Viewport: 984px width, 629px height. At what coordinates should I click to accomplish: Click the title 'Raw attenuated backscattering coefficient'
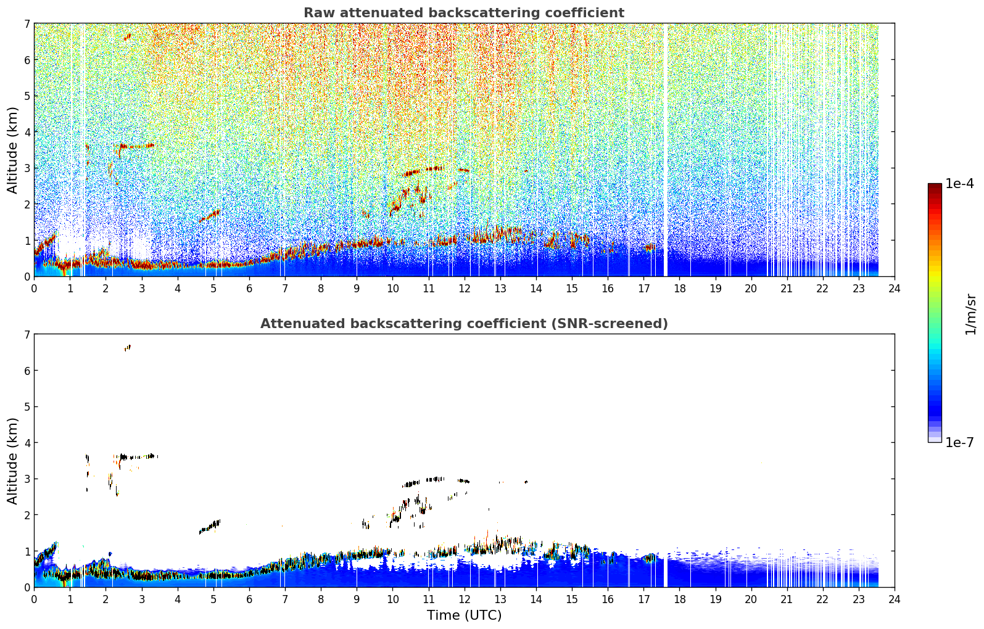click(x=464, y=13)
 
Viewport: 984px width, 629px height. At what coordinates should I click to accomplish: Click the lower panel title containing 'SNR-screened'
click(x=464, y=323)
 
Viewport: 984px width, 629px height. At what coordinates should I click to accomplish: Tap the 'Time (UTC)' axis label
click(x=464, y=615)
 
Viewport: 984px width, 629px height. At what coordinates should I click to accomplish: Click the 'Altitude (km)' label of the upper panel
click(x=12, y=150)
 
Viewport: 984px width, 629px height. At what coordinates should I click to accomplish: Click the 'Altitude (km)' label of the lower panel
click(x=12, y=461)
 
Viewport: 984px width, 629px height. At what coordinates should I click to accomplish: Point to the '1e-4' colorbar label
click(x=959, y=184)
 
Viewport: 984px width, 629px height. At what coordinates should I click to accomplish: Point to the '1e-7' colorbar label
click(x=959, y=442)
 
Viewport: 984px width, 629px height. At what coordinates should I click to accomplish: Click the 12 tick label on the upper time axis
click(x=465, y=289)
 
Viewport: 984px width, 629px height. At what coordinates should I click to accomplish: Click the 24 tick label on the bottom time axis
click(x=895, y=599)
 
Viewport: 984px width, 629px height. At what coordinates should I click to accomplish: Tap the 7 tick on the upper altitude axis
click(x=27, y=23)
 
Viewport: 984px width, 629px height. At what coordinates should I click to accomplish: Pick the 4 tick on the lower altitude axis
click(x=27, y=443)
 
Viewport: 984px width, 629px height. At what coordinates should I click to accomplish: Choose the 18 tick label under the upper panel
click(x=680, y=289)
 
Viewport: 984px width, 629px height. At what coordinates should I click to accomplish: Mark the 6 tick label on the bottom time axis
click(x=249, y=599)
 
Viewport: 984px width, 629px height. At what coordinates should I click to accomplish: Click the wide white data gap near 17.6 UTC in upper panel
click(x=665, y=150)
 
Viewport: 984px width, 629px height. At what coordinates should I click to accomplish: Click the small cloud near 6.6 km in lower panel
click(x=127, y=348)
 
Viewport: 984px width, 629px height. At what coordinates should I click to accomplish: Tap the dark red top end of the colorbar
click(x=935, y=186)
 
